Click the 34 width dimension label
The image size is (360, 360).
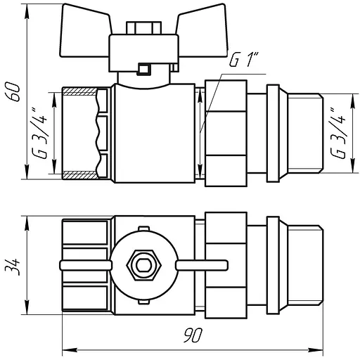point(13,266)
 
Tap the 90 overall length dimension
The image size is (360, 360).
point(193,335)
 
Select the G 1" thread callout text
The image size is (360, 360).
point(244,60)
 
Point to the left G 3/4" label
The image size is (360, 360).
point(40,134)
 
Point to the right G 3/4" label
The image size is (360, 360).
point(337,133)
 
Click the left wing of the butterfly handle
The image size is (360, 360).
point(85,30)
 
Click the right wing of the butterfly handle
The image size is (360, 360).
point(202,30)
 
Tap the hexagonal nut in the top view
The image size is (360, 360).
point(144,265)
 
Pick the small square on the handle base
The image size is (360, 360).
point(144,70)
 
